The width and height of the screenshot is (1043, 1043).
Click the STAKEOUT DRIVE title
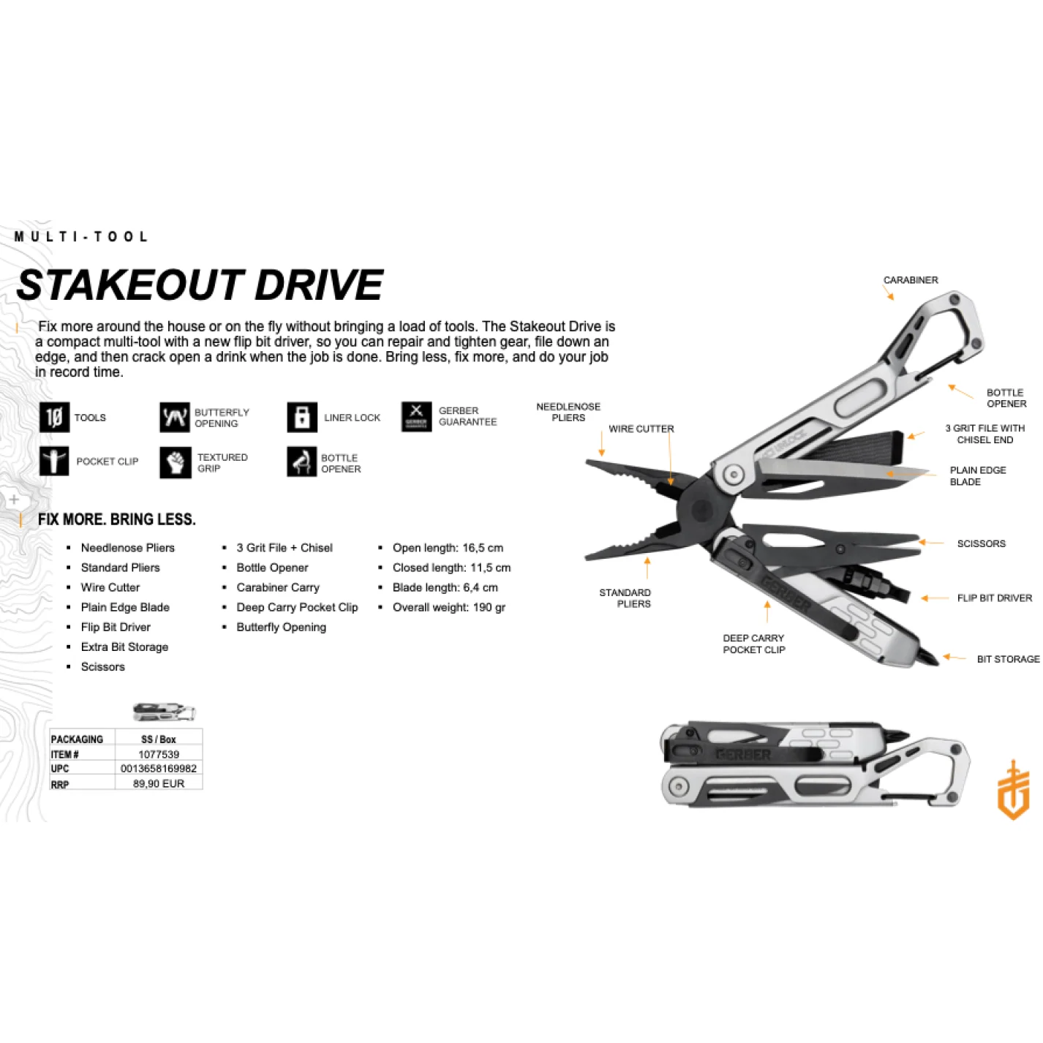200,285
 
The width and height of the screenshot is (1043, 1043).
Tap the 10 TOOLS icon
54,418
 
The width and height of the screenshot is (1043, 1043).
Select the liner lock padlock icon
302,418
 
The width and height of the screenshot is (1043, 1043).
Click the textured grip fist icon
176,462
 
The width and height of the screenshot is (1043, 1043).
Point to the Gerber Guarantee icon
416,417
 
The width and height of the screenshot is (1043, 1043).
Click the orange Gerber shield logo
1013,790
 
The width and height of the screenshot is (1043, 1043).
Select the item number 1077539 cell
159,754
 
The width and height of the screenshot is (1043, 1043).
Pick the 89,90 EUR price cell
159,783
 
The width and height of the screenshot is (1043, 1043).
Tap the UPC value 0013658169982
159,769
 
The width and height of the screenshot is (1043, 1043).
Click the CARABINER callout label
911,280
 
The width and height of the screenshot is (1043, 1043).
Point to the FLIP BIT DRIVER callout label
994,598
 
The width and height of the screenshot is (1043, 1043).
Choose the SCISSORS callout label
982,543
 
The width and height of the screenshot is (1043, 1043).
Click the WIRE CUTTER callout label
641,429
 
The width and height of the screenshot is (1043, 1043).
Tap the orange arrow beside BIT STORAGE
954,658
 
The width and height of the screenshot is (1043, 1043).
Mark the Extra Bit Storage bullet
124,647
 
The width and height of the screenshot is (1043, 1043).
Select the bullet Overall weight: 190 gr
448,607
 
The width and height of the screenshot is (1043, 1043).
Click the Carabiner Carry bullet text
278,587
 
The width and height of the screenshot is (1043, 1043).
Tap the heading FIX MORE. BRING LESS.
117,519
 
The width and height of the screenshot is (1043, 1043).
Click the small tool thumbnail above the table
165,711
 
